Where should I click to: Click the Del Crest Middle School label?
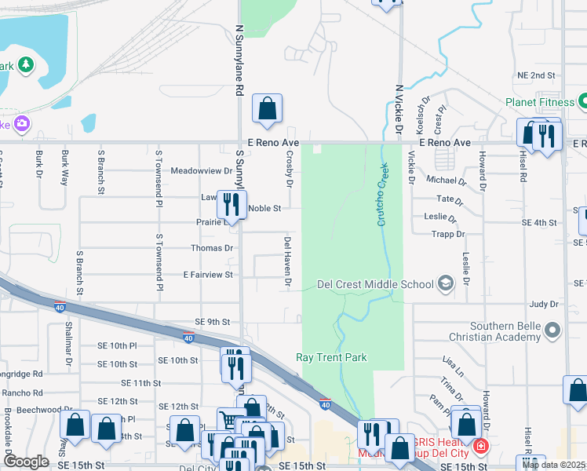[375, 284]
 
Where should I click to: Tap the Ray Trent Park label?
[331, 357]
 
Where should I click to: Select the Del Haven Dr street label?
[288, 260]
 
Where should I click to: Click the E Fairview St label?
[208, 275]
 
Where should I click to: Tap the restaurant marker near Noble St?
[231, 205]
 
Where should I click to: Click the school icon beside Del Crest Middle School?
[446, 284]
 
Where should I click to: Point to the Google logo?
[26, 462]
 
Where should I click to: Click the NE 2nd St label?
[536, 75]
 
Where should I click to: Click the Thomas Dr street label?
[212, 248]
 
